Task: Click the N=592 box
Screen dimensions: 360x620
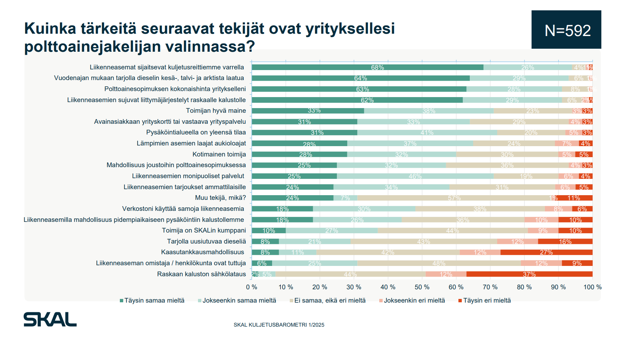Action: click(x=566, y=30)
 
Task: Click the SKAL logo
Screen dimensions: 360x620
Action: click(x=50, y=319)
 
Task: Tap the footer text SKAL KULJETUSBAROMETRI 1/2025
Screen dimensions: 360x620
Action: click(x=279, y=325)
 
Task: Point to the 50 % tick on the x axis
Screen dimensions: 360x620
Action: click(x=422, y=287)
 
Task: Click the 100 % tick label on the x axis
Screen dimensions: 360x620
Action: click(x=592, y=287)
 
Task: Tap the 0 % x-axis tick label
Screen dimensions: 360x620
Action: click(x=251, y=287)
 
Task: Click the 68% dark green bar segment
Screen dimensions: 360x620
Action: click(x=367, y=67)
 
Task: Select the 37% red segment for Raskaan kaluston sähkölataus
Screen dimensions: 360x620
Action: click(x=529, y=274)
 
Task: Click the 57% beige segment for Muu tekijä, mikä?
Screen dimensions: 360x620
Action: click(x=454, y=198)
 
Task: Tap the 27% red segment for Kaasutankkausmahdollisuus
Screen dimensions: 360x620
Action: click(x=546, y=252)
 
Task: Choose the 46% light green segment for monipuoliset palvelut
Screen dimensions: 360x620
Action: click(x=415, y=176)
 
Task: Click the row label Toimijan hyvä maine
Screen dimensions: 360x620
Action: click(x=216, y=110)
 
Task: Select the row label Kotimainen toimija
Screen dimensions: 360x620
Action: click(x=219, y=154)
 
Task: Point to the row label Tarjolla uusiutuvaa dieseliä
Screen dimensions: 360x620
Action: click(x=206, y=241)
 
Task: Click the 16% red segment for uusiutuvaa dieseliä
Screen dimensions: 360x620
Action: click(x=565, y=242)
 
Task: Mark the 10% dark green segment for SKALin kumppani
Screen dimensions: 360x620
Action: click(x=268, y=231)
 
